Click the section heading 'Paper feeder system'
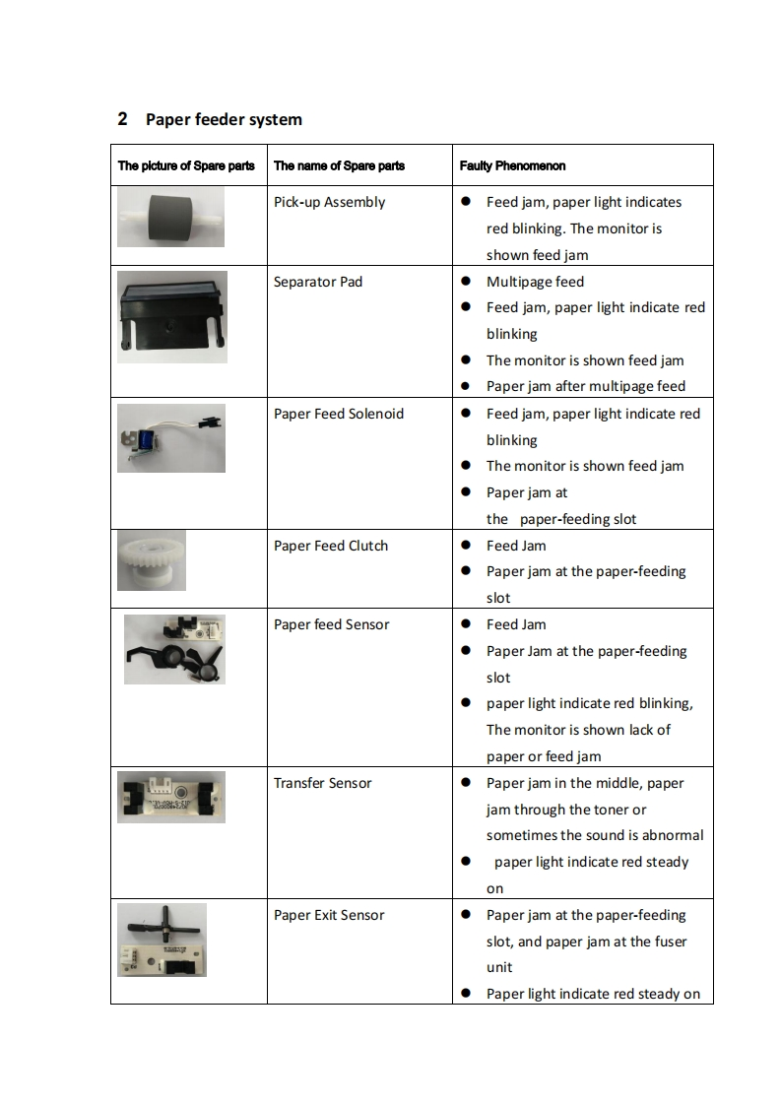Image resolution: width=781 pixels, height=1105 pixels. pyautogui.click(x=224, y=120)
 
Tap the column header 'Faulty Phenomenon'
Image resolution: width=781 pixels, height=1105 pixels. pyautogui.click(x=512, y=165)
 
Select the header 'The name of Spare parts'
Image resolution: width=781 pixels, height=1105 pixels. pyautogui.click(x=339, y=165)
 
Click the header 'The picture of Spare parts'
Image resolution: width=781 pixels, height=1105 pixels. pyautogui.click(x=186, y=165)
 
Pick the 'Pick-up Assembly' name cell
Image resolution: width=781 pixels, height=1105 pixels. pyautogui.click(x=329, y=203)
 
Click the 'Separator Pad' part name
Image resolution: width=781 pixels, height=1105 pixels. pyautogui.click(x=318, y=283)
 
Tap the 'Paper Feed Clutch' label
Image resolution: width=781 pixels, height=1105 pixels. pyautogui.click(x=331, y=546)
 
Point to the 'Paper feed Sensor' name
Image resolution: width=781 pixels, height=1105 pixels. pyautogui.click(x=331, y=625)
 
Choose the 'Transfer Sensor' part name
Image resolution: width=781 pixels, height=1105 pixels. pyautogui.click(x=323, y=784)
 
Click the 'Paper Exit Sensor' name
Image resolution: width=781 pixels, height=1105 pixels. pyautogui.click(x=329, y=916)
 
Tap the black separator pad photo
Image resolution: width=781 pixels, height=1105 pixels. pyautogui.click(x=171, y=316)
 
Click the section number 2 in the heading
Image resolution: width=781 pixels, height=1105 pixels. pyautogui.click(x=122, y=120)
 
